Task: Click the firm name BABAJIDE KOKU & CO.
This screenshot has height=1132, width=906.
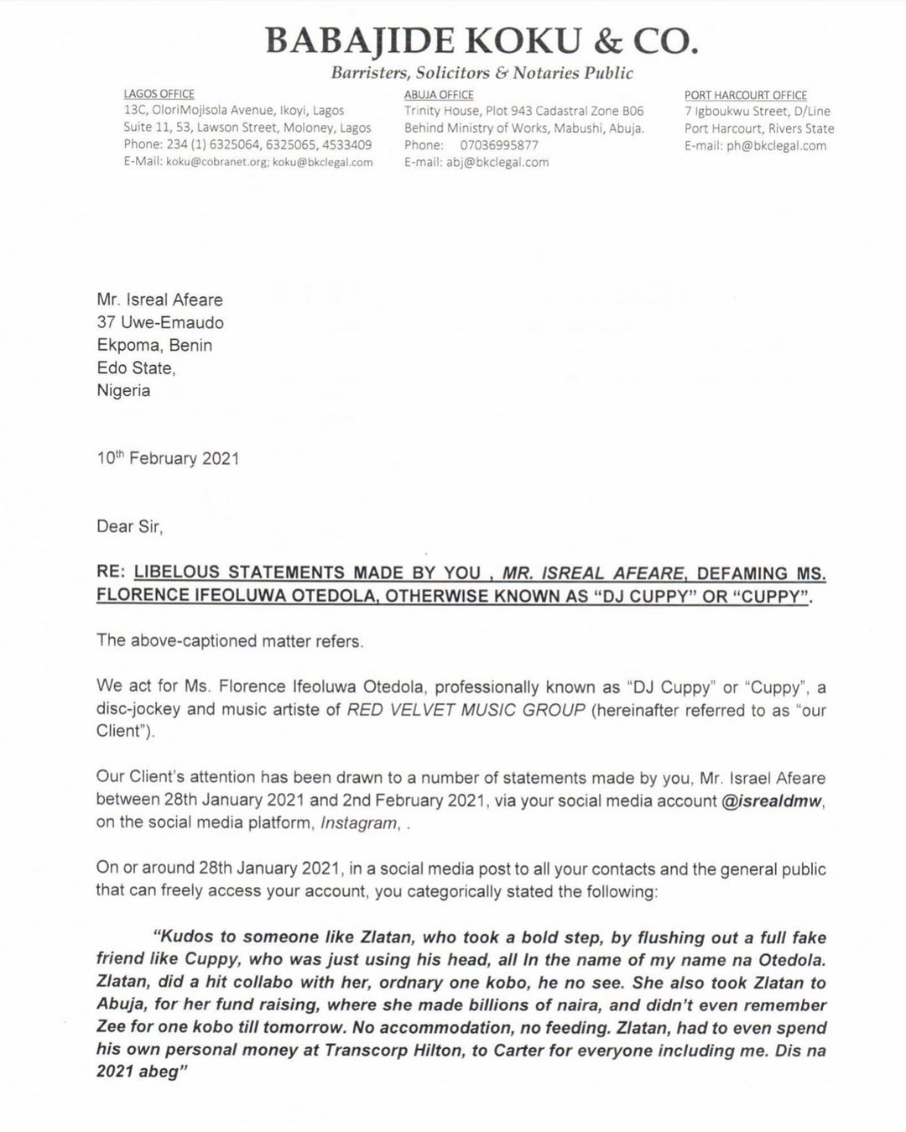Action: click(x=482, y=39)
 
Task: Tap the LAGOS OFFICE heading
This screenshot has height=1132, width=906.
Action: click(x=159, y=94)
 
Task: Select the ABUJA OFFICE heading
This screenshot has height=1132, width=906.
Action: click(x=439, y=95)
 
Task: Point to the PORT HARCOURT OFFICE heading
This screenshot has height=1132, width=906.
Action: click(x=745, y=96)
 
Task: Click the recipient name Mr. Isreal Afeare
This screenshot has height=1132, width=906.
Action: click(x=159, y=300)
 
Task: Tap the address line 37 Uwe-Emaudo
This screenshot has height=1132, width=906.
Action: click(x=159, y=322)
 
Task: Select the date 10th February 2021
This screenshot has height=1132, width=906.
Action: click(x=168, y=458)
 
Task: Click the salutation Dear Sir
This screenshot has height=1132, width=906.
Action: click(x=129, y=526)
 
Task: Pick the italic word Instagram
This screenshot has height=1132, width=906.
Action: click(x=359, y=822)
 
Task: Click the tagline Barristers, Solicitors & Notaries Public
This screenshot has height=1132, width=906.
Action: click(x=482, y=73)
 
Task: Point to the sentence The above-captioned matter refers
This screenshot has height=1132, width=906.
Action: click(x=230, y=641)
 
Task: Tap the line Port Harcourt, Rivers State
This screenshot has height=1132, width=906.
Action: click(x=759, y=128)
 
